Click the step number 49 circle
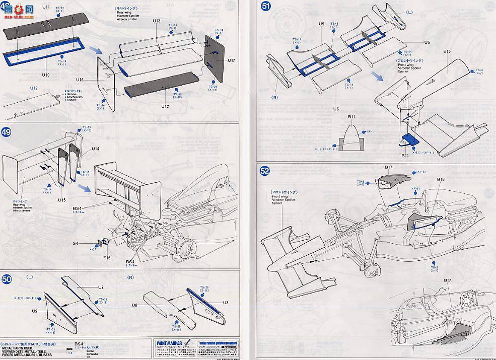pyautogui.click(x=7, y=133)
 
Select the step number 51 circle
pyautogui.click(x=265, y=7)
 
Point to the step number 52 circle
pyautogui.click(x=265, y=171)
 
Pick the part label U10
pyautogui.click(x=46, y=75)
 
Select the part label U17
pyautogui.click(x=231, y=60)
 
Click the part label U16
pyautogui.click(x=81, y=80)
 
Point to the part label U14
pyautogui.click(x=96, y=149)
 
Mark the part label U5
pyautogui.click(x=413, y=43)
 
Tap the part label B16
pyautogui.click(x=441, y=179)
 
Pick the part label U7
pyautogui.click(x=101, y=287)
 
